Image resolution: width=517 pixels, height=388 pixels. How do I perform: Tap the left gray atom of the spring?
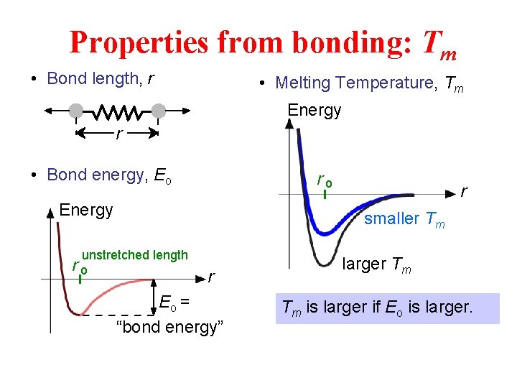coord(75,111)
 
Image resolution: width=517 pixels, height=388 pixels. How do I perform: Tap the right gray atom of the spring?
coord(159,111)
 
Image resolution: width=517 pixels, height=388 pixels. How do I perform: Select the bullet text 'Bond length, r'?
coord(100,78)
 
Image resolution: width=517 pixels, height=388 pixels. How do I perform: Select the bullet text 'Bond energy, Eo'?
coord(108,175)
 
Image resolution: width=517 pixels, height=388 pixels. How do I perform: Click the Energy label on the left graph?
coord(86,210)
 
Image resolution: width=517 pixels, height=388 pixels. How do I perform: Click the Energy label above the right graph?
coord(315,110)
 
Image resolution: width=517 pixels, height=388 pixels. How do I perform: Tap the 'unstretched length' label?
coord(135,255)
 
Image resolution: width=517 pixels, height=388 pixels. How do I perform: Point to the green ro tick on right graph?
coord(325,194)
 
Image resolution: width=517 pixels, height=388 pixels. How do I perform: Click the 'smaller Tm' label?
coord(404,219)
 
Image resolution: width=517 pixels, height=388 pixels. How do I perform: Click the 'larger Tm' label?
coord(376,264)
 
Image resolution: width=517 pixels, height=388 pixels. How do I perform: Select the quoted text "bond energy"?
coord(170,328)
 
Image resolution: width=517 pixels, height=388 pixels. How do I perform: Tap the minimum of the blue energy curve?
coord(327,233)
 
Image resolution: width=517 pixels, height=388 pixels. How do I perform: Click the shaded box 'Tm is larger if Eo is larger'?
coord(387,308)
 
